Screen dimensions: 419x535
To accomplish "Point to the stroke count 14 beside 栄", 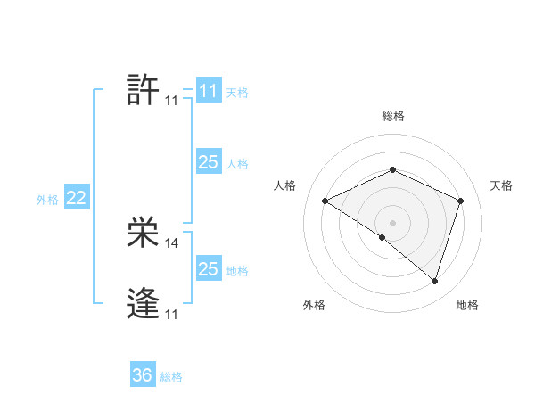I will [172, 242].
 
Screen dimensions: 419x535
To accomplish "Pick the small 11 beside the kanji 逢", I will [171, 315].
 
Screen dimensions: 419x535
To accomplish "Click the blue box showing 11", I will [208, 91].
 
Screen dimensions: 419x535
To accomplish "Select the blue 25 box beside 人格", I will [208, 162].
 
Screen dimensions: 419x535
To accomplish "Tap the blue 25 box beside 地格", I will [208, 269].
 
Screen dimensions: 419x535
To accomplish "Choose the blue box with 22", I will [76, 198].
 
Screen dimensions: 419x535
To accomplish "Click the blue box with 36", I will [142, 375].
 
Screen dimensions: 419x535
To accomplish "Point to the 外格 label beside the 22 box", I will [47, 200].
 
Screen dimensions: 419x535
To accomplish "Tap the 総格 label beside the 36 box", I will [171, 377].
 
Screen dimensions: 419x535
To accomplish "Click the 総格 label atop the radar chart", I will [393, 116].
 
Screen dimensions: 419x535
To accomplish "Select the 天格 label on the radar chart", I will [501, 185].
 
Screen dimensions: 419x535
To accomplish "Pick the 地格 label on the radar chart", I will [467, 305].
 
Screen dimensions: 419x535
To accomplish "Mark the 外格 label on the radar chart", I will [314, 305].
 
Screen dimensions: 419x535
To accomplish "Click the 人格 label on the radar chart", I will [284, 185].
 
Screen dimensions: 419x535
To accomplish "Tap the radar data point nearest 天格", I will [461, 201].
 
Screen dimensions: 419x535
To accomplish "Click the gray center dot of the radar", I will [392, 222].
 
